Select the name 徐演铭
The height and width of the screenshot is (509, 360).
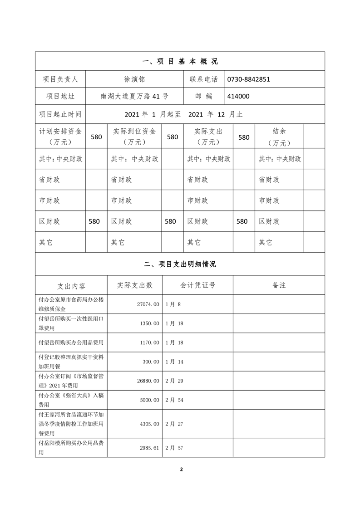[x=134, y=79]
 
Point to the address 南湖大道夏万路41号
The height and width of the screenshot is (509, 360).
[x=134, y=96]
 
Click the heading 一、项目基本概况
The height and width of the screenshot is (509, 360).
[x=180, y=62]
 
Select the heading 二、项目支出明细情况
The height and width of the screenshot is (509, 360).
[x=180, y=264]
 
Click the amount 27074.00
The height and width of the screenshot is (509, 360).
[x=146, y=304]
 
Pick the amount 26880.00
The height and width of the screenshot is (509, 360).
[x=146, y=380]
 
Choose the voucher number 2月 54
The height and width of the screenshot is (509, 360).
[x=174, y=400]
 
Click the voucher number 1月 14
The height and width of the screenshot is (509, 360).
[x=174, y=362]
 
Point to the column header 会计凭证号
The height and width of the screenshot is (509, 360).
[x=198, y=285]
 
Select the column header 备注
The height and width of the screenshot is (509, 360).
[x=279, y=285]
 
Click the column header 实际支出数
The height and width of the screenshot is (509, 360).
[x=135, y=285]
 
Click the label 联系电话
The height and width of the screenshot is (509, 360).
[x=204, y=79]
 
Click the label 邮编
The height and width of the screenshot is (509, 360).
[x=204, y=96]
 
